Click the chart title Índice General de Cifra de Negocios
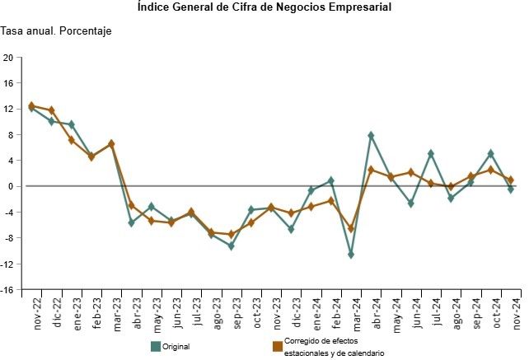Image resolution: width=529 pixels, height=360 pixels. coord(264,7)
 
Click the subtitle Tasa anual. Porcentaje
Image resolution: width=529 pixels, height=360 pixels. coord(56,31)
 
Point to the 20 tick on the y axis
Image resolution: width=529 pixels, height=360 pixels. coord(8,58)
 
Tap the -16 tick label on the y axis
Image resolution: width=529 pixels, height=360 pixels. coord(7,290)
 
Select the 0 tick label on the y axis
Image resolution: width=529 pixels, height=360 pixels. coord(10,186)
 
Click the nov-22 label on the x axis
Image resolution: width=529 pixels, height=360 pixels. coord(37,313)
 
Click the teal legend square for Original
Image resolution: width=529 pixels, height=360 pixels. coord(156,346)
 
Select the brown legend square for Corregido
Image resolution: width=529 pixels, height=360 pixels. coord(277,346)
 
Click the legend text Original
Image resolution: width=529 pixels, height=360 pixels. coord(176,347)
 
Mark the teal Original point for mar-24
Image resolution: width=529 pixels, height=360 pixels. coord(351,255)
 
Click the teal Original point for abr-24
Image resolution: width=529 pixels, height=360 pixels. coord(371,135)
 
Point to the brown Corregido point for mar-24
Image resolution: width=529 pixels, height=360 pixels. coord(351,228)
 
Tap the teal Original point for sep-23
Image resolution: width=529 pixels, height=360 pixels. coord(231,245)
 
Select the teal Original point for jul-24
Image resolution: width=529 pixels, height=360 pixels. coord(431,153)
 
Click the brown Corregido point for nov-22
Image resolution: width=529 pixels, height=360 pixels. coord(31,105)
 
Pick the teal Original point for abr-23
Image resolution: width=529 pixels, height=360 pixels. coord(131,222)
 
